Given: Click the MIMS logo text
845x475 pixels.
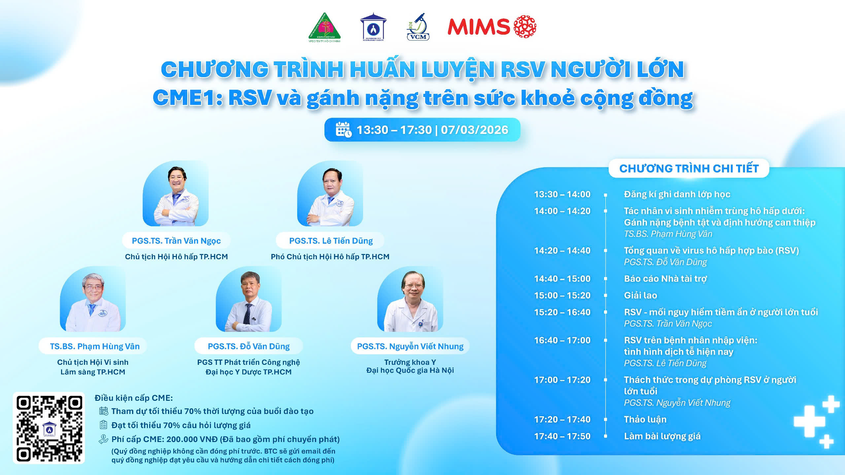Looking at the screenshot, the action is (x=479, y=26).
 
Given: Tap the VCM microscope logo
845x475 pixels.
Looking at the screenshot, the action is (x=418, y=27).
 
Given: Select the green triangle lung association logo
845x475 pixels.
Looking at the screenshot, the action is (x=324, y=27).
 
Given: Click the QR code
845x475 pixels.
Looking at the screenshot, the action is (x=49, y=428).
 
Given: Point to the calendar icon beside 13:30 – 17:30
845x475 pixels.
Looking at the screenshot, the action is (x=344, y=129).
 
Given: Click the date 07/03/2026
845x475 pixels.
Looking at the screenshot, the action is (x=474, y=130).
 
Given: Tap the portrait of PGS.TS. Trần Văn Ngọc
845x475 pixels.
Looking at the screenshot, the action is (x=176, y=193).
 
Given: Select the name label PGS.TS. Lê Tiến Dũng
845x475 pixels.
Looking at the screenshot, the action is (x=331, y=241).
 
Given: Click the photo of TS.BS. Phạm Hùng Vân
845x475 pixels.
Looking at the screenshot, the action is (x=93, y=299).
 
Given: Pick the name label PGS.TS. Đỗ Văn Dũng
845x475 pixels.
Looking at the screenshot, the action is (x=249, y=346).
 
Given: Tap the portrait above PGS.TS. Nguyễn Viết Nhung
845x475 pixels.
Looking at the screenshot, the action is (x=410, y=299).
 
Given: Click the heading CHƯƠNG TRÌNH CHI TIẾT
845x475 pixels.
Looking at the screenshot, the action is (x=689, y=169).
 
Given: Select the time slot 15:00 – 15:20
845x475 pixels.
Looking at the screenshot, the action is (x=562, y=295).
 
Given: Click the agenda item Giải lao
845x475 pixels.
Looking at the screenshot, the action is (x=640, y=295).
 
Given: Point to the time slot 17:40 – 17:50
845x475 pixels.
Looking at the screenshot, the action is (x=562, y=436).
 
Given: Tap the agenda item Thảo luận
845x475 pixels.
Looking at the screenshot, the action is (x=645, y=419).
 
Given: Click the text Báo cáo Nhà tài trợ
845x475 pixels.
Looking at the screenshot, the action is (x=665, y=279).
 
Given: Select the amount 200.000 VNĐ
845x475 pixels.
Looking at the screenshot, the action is (x=192, y=439).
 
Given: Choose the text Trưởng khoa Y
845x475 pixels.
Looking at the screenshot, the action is (x=410, y=362).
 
